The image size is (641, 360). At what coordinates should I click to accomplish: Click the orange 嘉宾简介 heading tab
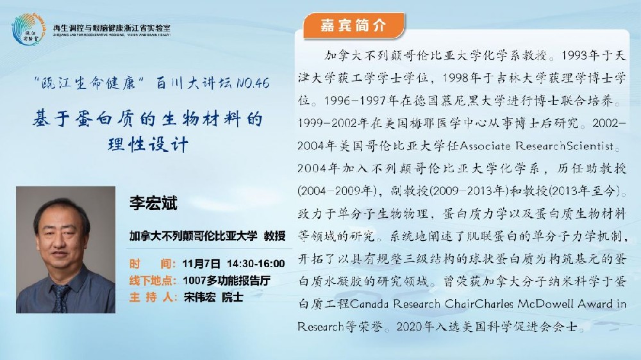(354, 26)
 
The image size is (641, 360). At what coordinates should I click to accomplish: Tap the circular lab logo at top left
(28, 29)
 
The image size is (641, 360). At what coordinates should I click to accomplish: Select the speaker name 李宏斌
(153, 203)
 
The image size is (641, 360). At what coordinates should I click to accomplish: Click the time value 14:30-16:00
(256, 263)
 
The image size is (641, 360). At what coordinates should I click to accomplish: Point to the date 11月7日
(201, 263)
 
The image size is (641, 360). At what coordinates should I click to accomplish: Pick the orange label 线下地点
(152, 281)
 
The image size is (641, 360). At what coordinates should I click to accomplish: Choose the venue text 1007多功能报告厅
(226, 281)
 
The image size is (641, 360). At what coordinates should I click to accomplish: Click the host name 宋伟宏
(199, 297)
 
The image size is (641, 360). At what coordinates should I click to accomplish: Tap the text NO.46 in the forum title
(253, 83)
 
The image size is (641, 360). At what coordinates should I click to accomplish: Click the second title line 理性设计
(148, 144)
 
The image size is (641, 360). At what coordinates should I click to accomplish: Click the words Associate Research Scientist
(537, 145)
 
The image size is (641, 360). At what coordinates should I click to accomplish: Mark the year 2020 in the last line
(410, 327)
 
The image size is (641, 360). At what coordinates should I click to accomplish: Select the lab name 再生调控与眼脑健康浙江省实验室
(112, 28)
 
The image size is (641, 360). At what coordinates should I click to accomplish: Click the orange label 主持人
(152, 297)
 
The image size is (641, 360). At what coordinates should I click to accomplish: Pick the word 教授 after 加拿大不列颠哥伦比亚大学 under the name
(274, 236)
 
